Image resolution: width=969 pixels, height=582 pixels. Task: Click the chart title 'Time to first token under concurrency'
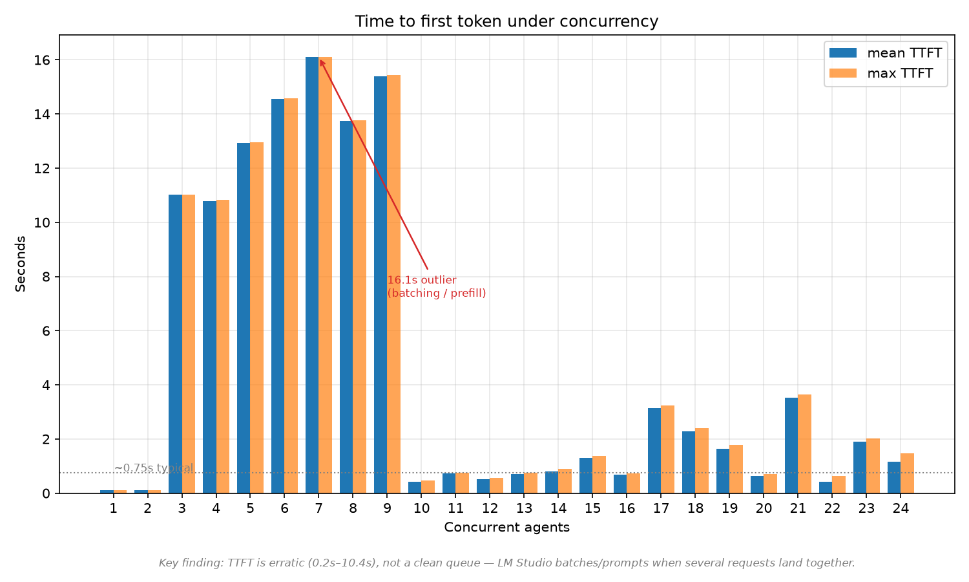[506, 21]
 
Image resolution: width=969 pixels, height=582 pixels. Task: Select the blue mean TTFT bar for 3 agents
[175, 344]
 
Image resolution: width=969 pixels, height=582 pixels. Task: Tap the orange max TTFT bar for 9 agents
[393, 284]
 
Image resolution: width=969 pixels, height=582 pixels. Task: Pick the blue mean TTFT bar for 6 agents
[278, 296]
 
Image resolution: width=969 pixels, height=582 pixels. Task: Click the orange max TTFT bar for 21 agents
[805, 444]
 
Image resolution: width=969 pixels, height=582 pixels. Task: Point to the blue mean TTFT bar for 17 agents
[654, 451]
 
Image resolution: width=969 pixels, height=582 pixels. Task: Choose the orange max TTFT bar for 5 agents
[257, 318]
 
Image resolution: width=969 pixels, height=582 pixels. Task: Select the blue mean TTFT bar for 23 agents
[860, 468]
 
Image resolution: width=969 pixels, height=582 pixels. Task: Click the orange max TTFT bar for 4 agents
[223, 347]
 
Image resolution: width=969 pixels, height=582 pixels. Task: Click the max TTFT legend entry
[880, 73]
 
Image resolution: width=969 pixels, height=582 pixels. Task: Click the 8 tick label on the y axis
[47, 277]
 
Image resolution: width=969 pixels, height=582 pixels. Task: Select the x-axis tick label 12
[490, 508]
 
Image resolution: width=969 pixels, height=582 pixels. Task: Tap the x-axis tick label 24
[901, 508]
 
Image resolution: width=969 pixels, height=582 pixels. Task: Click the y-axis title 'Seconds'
[20, 264]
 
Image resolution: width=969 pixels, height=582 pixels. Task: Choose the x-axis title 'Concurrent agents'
[506, 527]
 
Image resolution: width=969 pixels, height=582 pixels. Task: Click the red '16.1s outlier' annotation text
[422, 280]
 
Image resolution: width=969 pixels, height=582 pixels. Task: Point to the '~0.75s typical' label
[154, 468]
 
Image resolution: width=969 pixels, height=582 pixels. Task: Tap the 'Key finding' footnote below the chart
[506, 563]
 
